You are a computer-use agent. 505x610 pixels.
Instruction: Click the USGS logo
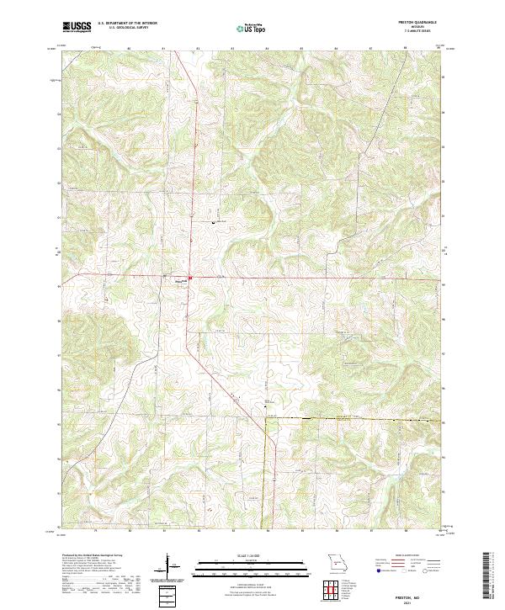click(77, 27)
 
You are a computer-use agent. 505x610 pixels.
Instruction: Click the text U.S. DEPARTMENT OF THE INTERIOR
click(127, 24)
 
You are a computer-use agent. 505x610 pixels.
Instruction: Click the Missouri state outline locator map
click(338, 562)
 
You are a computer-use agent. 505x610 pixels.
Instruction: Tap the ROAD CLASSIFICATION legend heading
click(402, 557)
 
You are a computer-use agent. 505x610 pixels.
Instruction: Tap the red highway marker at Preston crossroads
click(190, 278)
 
